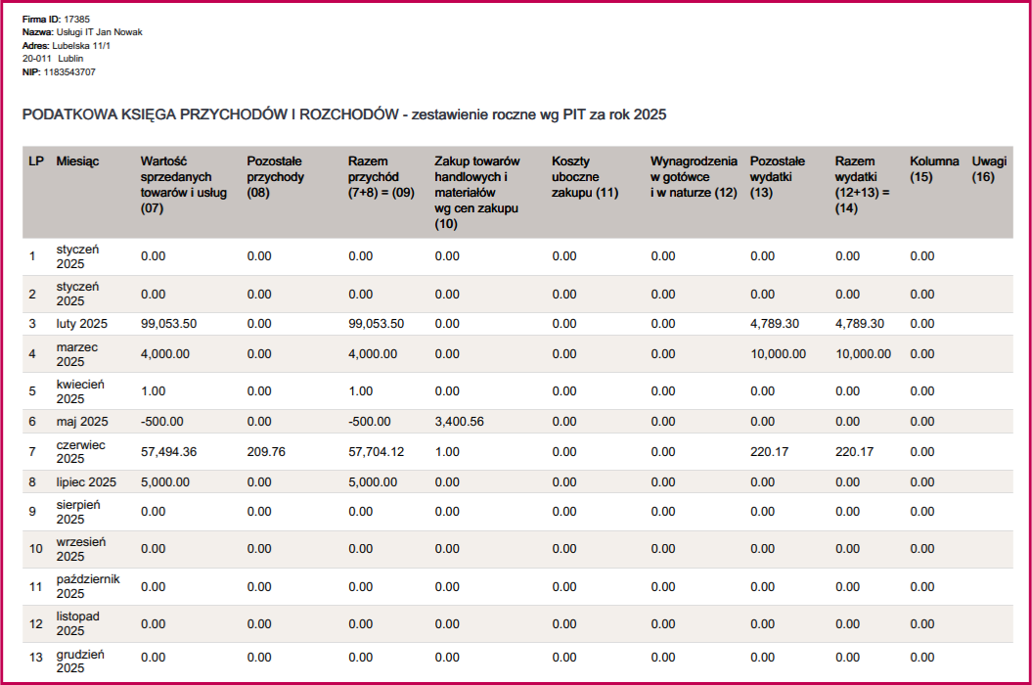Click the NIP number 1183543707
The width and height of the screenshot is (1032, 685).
click(x=69, y=72)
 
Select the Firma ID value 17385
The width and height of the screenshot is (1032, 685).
click(x=77, y=19)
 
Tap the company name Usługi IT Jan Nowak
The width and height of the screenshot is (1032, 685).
click(x=100, y=32)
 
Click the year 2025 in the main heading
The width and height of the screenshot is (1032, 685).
click(x=649, y=115)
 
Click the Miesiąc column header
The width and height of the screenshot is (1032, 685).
click(x=77, y=160)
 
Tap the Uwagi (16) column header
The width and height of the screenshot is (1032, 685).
click(x=989, y=168)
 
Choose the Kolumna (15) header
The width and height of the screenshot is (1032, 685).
click(x=934, y=168)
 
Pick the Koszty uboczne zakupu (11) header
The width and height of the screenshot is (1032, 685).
click(x=585, y=176)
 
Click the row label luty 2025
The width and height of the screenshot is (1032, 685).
click(x=81, y=324)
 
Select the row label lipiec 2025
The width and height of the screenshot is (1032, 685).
click(x=86, y=482)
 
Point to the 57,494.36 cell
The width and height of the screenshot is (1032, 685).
click(x=169, y=452)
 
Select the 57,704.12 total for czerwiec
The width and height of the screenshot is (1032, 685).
click(x=377, y=452)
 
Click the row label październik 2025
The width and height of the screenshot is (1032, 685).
click(x=87, y=586)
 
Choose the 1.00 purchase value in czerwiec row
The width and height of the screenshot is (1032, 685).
click(x=447, y=452)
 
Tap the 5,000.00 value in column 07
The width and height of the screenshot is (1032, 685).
click(x=165, y=482)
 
